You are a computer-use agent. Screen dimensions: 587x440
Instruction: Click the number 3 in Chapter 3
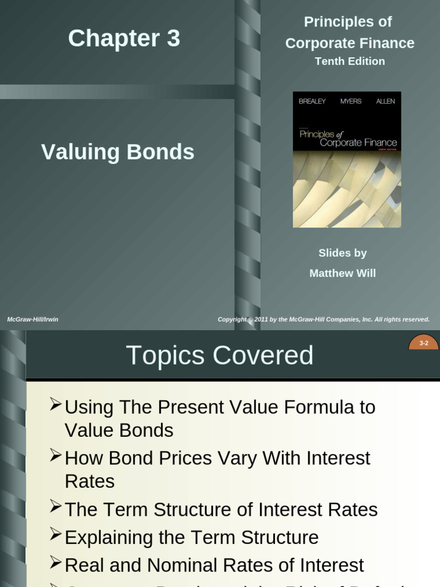[173, 39]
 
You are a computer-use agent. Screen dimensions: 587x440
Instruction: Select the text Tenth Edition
[349, 61]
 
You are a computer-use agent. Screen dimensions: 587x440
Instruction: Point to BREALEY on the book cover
[312, 101]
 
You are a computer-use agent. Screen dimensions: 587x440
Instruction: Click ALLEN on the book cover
[385, 101]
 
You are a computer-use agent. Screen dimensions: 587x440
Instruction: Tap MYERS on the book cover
[351, 101]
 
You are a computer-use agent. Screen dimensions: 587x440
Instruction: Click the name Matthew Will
[343, 273]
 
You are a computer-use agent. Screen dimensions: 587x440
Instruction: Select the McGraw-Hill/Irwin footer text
[33, 319]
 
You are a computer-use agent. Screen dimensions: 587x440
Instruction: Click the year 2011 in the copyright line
[261, 319]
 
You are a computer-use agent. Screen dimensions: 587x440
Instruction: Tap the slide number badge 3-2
[424, 343]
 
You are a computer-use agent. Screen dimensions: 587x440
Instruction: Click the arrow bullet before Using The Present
[56, 405]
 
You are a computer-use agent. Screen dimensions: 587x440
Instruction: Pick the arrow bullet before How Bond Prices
[56, 456]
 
